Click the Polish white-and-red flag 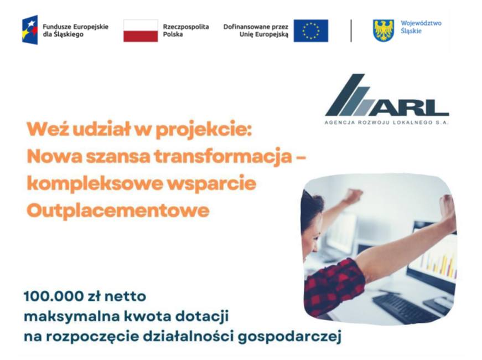141,31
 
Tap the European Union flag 311,31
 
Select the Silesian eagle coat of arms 383,30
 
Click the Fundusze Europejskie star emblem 30,30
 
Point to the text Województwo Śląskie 421,27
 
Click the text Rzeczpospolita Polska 186,30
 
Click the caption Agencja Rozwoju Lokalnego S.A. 387,122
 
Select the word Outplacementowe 118,211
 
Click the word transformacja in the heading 223,156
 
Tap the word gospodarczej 290,337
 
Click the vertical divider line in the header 351,31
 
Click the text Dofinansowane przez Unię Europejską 256,31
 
